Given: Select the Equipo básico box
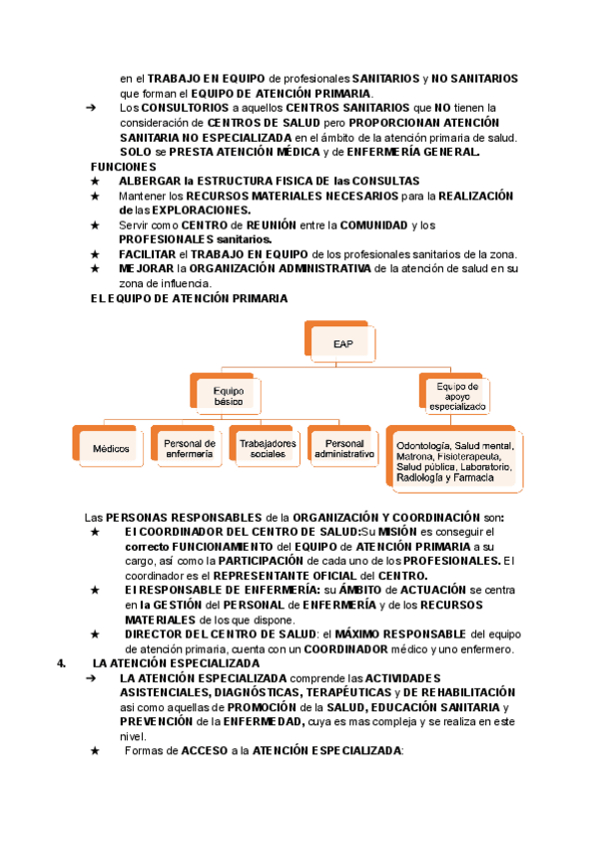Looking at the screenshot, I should click(x=229, y=394).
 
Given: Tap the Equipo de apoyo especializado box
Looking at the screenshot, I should click(x=457, y=396).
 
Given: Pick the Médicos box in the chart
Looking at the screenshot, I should click(x=112, y=448).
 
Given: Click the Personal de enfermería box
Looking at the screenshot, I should click(x=189, y=448).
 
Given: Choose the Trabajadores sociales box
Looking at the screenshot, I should click(x=268, y=448).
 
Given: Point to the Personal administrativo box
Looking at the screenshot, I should click(x=344, y=448).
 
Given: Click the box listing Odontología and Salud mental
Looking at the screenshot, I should click(x=455, y=461).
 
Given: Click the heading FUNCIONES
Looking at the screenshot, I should click(x=123, y=166).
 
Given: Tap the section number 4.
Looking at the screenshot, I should click(x=62, y=662).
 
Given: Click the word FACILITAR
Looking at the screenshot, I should click(x=151, y=254).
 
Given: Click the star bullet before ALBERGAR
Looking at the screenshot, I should click(x=95, y=181).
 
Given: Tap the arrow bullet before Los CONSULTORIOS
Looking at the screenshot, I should click(x=91, y=107).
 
